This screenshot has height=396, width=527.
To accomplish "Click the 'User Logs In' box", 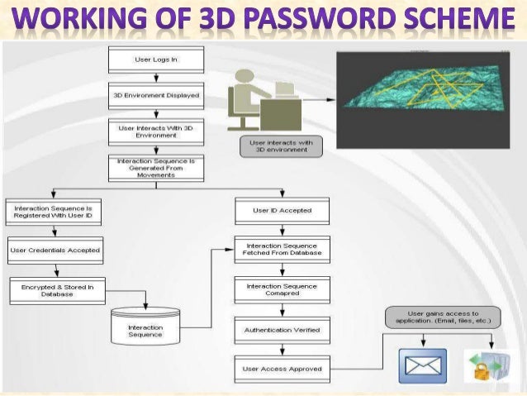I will pos(155,60).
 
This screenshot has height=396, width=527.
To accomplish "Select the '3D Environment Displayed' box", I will pos(155,95).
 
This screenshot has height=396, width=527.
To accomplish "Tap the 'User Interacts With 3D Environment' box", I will pos(155,131).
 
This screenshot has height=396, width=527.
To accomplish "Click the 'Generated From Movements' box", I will pos(155,168).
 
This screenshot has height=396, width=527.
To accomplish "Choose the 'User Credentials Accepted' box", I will pos(55,250).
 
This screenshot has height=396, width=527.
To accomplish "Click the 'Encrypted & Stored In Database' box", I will pos(55,289).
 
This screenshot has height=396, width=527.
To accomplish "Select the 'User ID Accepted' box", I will pos(282,211).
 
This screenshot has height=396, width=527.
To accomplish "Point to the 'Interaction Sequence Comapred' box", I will pos(282,290).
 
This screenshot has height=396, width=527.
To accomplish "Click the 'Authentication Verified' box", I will pos(282,330).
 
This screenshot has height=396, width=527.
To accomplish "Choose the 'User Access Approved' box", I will pos(282,368).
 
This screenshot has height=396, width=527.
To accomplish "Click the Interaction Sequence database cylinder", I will pos(145,328).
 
